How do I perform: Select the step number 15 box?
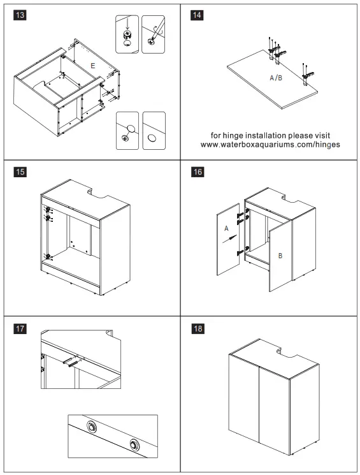point(20,173)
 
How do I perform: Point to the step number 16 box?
point(198,173)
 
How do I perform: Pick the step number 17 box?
point(20,328)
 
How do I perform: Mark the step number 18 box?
point(198,328)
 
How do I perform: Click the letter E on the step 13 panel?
point(93,66)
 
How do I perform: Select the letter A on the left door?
point(226,228)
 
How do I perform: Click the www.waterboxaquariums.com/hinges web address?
point(270,145)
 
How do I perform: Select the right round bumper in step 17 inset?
point(134,444)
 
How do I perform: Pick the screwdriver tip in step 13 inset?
point(152,41)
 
